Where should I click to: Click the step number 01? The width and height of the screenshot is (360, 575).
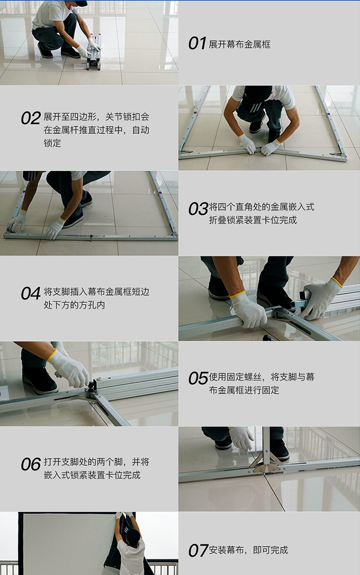[x=197, y=44]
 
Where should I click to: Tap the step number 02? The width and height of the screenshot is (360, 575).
[x=30, y=118]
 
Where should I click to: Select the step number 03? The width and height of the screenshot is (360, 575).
[x=198, y=209]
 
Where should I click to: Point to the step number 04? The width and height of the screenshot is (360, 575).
[x=30, y=293]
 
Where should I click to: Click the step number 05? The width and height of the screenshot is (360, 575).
[x=198, y=378]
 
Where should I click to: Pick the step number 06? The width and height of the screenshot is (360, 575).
[x=30, y=464]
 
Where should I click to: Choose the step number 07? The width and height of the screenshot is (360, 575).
[x=198, y=551]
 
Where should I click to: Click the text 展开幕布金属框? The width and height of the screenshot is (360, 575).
[x=240, y=44]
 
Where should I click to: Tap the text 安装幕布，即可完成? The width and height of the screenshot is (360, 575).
[x=249, y=550]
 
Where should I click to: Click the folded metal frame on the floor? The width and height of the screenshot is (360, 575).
[x=94, y=52]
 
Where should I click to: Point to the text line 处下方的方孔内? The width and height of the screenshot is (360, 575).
[x=74, y=305]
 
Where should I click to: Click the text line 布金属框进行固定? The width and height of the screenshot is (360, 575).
[x=244, y=390]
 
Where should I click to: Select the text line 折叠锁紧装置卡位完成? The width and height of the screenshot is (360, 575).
[x=253, y=220]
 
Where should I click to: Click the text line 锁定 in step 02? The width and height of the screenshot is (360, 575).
[x=52, y=143]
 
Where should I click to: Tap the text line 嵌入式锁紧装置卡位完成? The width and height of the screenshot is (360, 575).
[x=92, y=475]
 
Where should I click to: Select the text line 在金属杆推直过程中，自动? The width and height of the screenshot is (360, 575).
[x=96, y=130]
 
